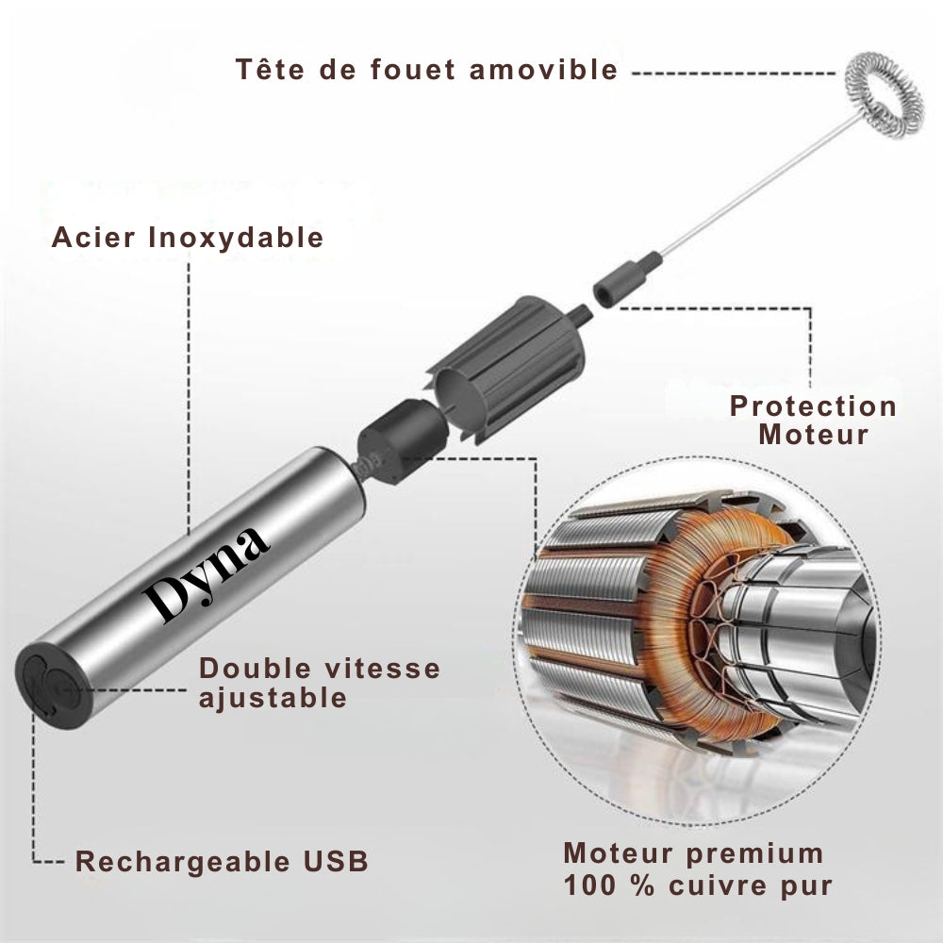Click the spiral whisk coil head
[x=883, y=95]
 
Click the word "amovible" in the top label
[x=544, y=69]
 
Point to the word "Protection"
[x=813, y=405]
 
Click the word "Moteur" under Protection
[x=814, y=434]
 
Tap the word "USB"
[x=336, y=861]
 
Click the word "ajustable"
[x=273, y=698]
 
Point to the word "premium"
[x=754, y=854]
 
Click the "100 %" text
[x=608, y=885]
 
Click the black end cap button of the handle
[x=53, y=686]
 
